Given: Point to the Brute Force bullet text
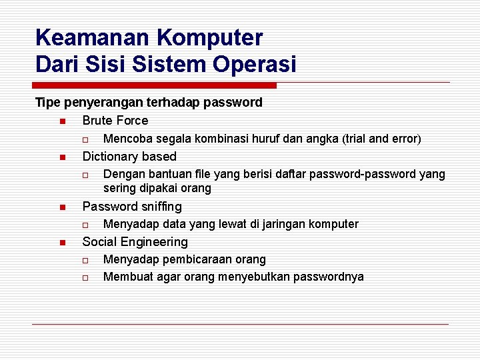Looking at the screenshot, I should (x=115, y=121).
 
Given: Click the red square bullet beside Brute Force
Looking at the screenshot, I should (x=61, y=121).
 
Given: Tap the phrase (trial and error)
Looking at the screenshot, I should (x=381, y=139).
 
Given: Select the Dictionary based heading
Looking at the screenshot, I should (x=129, y=157).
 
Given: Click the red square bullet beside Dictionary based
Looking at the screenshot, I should (x=61, y=157).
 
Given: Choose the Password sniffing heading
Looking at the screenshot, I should (x=131, y=206).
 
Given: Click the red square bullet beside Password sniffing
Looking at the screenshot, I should (x=61, y=207).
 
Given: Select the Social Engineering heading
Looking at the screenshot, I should (x=135, y=242).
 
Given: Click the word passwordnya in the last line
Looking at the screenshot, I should (x=331, y=277).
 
